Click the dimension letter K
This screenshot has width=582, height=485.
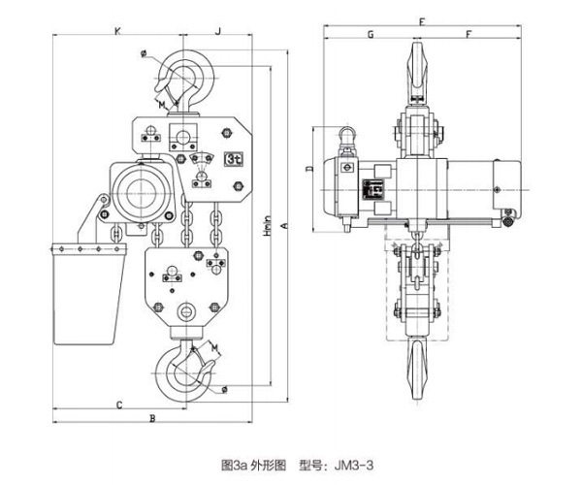pos(116,32)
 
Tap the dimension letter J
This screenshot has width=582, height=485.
pos(218,32)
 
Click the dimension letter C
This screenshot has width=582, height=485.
pos(118,402)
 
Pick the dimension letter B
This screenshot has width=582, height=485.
pos(152,418)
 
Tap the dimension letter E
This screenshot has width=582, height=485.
pos(422,19)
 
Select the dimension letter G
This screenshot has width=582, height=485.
pos(371,34)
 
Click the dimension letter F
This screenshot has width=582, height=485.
pos(469,34)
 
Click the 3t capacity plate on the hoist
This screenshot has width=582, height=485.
pos(233,158)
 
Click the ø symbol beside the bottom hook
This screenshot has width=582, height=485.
pos(224,390)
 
